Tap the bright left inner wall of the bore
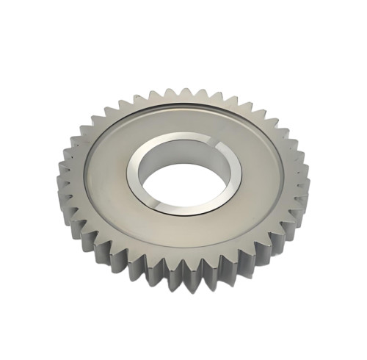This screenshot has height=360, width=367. (139, 180)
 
